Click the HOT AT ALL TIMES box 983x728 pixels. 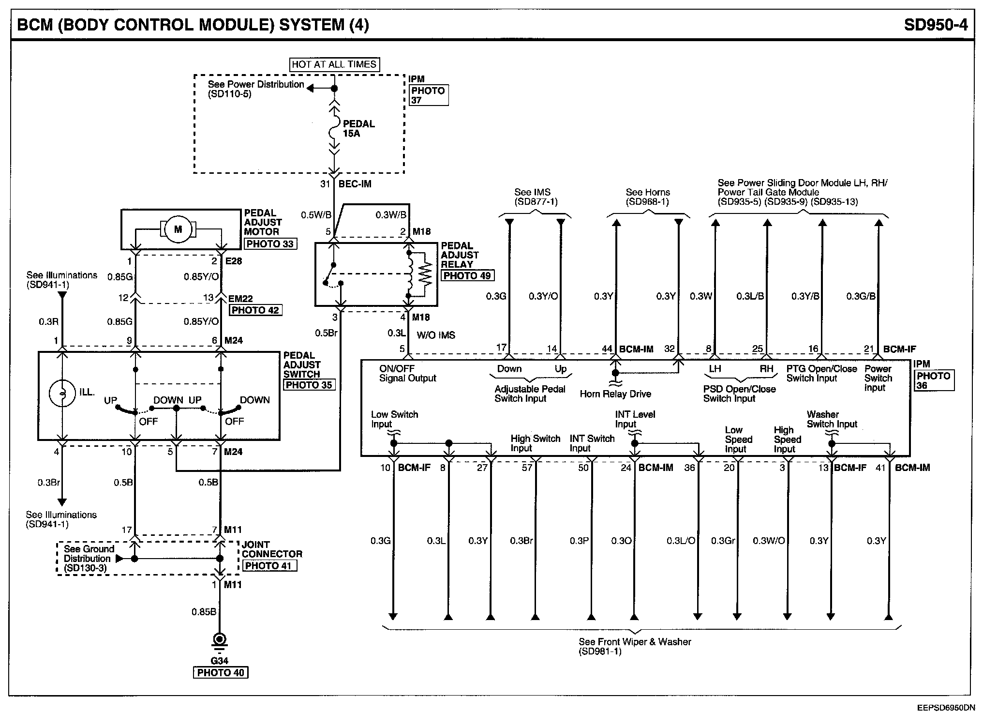pyautogui.click(x=334, y=64)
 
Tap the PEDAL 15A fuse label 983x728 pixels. pyautogui.click(x=358, y=128)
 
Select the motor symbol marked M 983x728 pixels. pyautogui.click(x=178, y=229)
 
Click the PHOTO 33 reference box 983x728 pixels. pyautogui.click(x=270, y=244)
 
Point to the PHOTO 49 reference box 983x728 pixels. pyautogui.click(x=467, y=276)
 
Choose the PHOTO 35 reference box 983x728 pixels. pyautogui.click(x=309, y=385)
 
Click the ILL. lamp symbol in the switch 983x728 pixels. pyautogui.click(x=62, y=393)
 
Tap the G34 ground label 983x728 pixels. pyautogui.click(x=220, y=661)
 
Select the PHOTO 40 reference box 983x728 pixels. pyautogui.click(x=221, y=673)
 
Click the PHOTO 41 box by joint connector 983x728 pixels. pyautogui.click(x=269, y=565)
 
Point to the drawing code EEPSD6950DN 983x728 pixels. pyautogui.click(x=946, y=708)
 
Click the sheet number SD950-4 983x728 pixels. pyautogui.click(x=936, y=25)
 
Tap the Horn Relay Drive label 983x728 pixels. pyautogui.click(x=615, y=394)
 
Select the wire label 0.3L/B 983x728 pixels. pyautogui.click(x=750, y=296)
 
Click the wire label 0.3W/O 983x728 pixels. pyautogui.click(x=769, y=541)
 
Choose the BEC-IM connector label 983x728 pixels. pyautogui.click(x=355, y=184)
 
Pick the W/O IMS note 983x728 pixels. pyautogui.click(x=436, y=335)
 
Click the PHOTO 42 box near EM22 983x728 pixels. pyautogui.click(x=255, y=310)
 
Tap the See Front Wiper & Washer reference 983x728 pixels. pyautogui.click(x=635, y=646)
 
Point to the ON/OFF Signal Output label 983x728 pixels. pyautogui.click(x=407, y=373)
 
